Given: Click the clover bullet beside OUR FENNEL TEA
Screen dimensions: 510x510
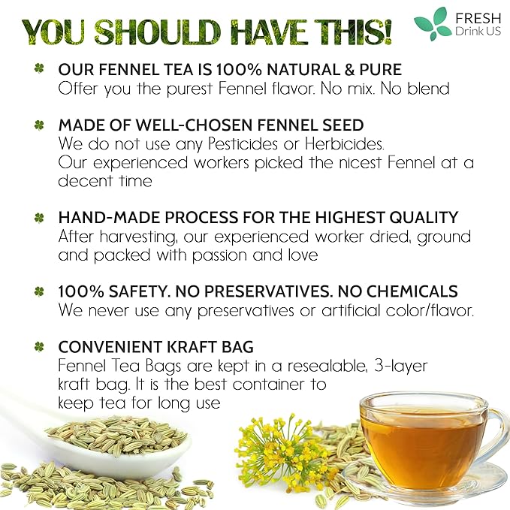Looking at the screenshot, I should click(x=38, y=68).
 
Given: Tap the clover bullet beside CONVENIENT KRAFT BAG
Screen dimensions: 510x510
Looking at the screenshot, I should click(x=38, y=347).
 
